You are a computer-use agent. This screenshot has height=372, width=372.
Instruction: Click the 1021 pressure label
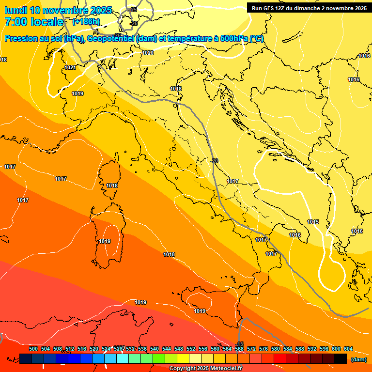70,67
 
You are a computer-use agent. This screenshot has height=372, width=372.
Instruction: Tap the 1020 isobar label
148,53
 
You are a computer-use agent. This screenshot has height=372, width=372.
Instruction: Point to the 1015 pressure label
313,222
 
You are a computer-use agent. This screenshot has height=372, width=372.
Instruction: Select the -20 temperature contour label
215,161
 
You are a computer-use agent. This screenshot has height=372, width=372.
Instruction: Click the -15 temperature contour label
239,344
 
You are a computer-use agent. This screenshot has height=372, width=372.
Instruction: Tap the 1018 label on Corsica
112,186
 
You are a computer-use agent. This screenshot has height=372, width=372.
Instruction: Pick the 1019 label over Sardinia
105,241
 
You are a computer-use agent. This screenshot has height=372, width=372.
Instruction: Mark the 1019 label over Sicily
200,311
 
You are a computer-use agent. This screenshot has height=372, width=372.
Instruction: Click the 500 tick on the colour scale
33,349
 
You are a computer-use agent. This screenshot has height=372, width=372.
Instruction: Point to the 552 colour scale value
191,349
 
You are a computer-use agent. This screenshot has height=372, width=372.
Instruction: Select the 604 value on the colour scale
348,349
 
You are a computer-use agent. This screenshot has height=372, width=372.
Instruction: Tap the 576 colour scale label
263,349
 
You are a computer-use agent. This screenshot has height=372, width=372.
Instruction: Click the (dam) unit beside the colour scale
358,359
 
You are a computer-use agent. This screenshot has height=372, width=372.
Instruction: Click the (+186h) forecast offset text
86,22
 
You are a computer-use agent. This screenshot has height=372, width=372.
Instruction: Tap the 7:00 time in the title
15,22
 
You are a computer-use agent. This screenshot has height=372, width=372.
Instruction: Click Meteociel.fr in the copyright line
226,369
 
